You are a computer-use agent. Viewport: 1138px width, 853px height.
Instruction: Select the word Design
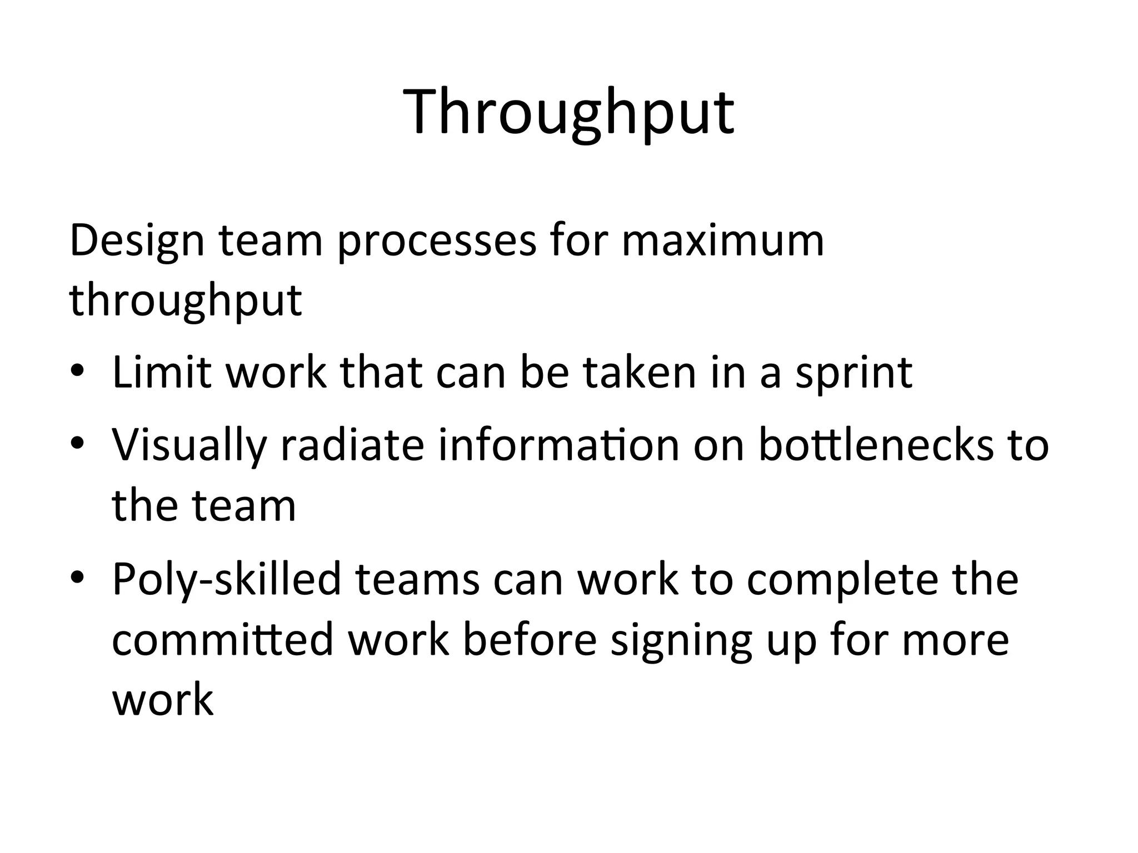point(137,242)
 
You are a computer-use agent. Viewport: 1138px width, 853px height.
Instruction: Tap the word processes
point(437,242)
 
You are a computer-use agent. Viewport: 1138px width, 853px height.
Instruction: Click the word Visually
point(189,446)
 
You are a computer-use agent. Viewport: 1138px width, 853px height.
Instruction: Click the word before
point(530,639)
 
